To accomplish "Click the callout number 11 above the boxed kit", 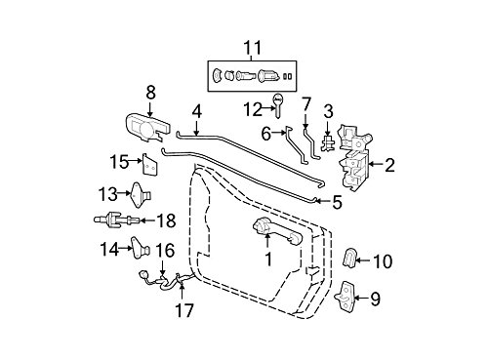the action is point(253,48).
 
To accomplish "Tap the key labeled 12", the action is point(277,106).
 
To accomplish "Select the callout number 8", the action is point(150,93).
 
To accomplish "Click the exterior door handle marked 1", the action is point(277,232).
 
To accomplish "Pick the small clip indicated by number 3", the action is point(328,143).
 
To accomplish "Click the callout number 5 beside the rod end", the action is point(337,202).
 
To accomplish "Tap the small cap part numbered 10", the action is point(349,258).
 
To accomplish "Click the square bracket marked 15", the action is point(149,165).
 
